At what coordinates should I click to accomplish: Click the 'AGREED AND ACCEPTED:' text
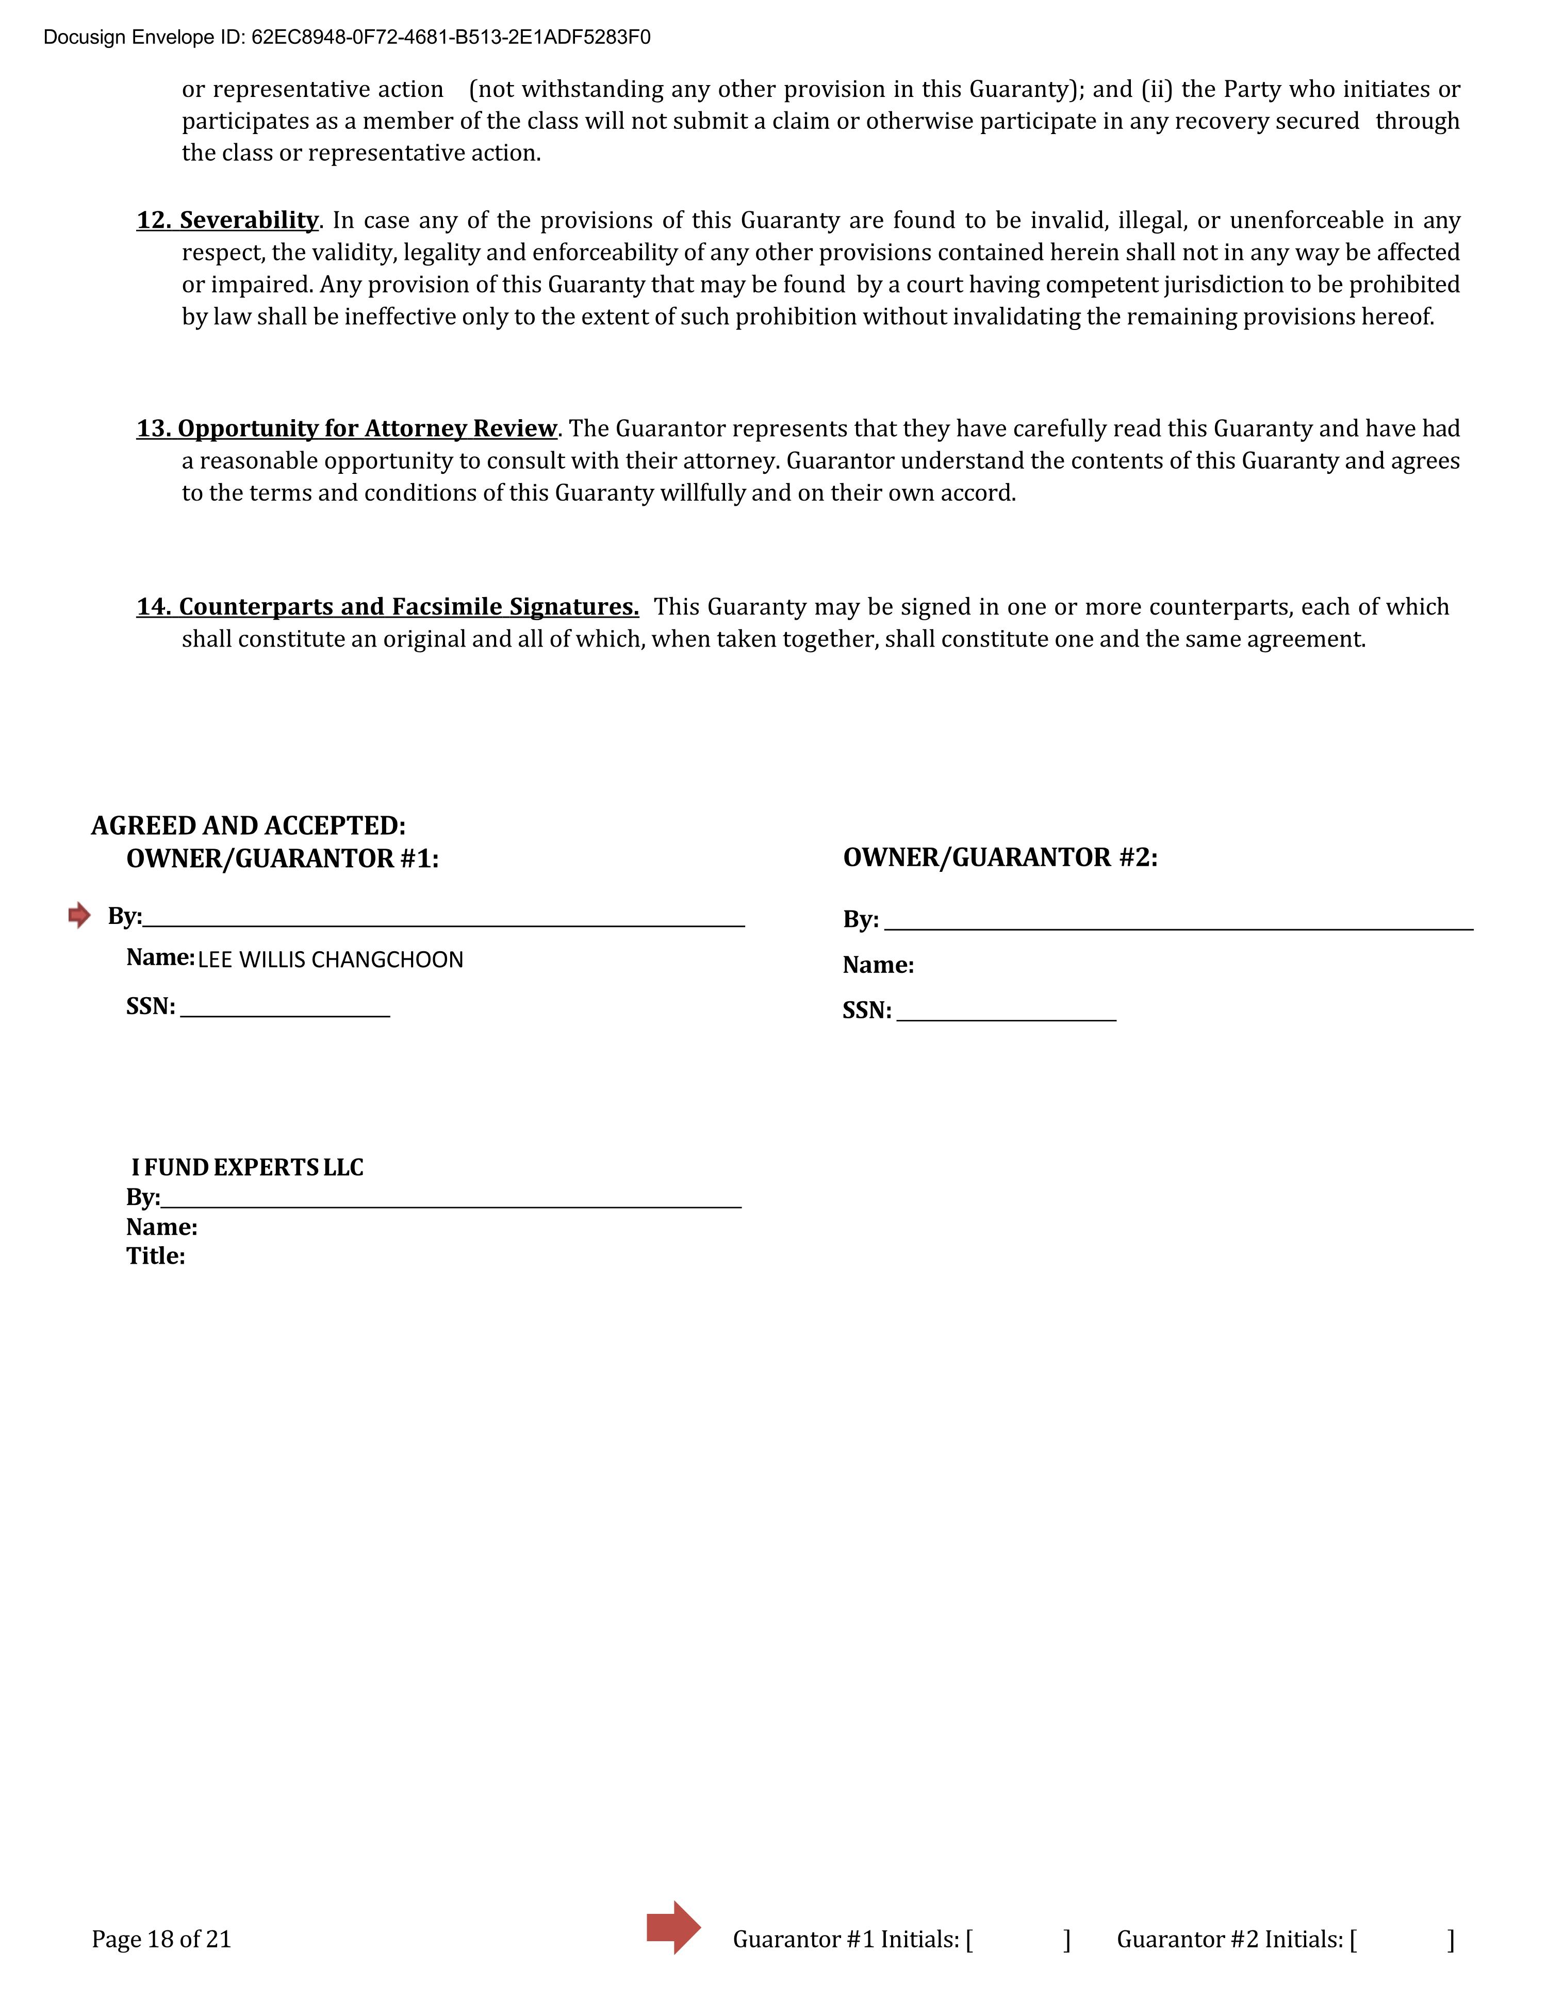click(x=249, y=825)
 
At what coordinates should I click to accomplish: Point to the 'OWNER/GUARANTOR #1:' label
click(x=282, y=858)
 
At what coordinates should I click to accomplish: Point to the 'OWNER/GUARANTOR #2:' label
click(x=1000, y=857)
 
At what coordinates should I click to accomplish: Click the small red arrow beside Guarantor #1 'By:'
click(x=80, y=914)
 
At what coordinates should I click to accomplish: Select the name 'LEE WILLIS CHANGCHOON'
click(x=330, y=960)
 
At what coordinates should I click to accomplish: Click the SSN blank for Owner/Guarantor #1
click(x=285, y=1008)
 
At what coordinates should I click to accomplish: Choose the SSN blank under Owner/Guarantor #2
click(x=1006, y=1012)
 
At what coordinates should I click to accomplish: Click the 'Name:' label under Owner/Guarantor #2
click(x=878, y=965)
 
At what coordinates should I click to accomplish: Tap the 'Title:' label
click(x=156, y=1256)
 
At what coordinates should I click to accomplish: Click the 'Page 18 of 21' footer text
click(x=161, y=1940)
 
